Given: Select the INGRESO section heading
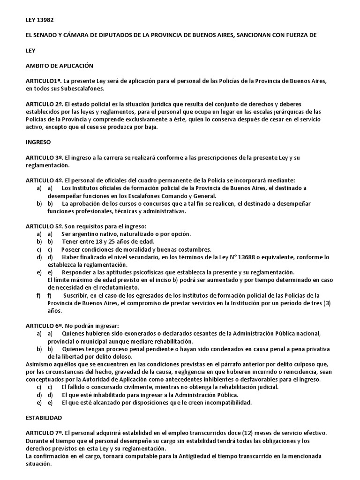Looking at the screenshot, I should click(x=38, y=142).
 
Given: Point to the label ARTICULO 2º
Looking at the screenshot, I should click(x=45, y=104).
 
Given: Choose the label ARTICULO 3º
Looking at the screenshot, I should click(x=45, y=157).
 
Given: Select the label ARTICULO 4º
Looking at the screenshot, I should click(x=45, y=180).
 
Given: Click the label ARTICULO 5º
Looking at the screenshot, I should click(x=45, y=226).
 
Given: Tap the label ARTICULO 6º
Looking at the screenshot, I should click(x=45, y=325).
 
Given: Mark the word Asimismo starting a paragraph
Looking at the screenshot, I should click(x=41, y=364).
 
